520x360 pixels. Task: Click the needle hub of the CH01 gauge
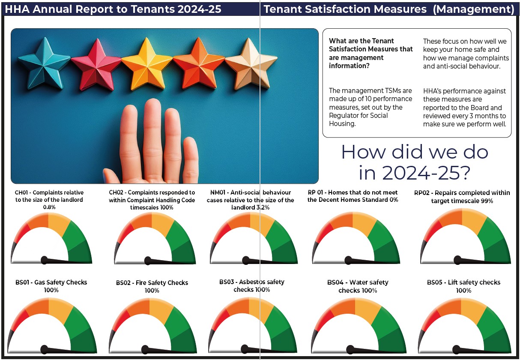(x=45, y=260)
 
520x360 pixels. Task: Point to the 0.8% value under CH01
(x=49, y=207)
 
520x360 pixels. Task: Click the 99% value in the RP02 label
(x=487, y=201)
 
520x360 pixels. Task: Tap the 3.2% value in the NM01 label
(x=263, y=207)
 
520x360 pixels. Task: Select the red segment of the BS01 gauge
(x=20, y=321)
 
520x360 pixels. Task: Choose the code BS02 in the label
(x=123, y=283)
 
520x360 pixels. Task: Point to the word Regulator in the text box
(x=342, y=115)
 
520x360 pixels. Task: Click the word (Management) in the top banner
(x=474, y=9)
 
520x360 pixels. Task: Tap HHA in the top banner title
(x=18, y=9)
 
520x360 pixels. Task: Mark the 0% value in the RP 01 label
(x=394, y=200)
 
